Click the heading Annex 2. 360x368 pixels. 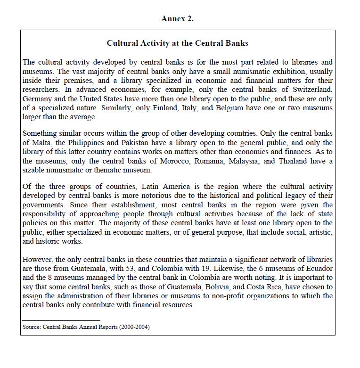click(177, 19)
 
